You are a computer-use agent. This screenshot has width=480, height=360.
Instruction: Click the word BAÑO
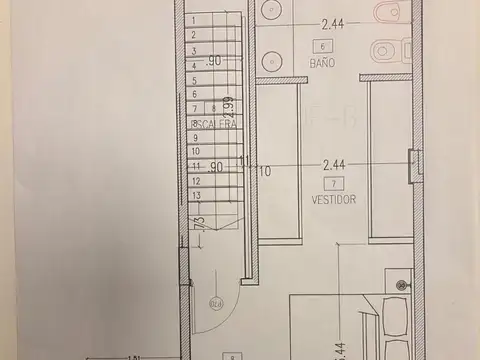pyautogui.click(x=321, y=62)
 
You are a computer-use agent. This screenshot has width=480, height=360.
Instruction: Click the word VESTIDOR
pyautogui.click(x=328, y=199)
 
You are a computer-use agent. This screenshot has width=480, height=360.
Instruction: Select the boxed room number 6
pyautogui.click(x=321, y=46)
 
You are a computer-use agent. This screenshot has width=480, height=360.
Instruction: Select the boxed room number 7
pyautogui.click(x=328, y=183)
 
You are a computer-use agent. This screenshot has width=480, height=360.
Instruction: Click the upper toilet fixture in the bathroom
pyautogui.click(x=386, y=14)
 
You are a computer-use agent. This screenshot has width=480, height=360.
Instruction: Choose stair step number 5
pyautogui.click(x=193, y=82)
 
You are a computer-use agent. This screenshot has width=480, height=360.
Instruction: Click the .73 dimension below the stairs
pyautogui.click(x=200, y=221)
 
